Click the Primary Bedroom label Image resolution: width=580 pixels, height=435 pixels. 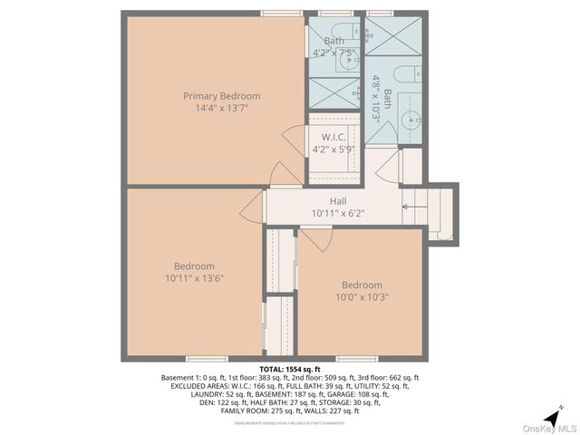[x=221, y=96]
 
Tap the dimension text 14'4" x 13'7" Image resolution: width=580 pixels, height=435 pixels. [x=221, y=108]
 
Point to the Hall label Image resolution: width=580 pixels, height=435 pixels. [x=337, y=201]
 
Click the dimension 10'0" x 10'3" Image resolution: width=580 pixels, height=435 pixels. [x=362, y=296]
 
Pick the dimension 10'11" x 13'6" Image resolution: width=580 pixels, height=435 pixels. [x=194, y=278]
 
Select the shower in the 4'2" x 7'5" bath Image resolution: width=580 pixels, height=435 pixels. [x=334, y=92]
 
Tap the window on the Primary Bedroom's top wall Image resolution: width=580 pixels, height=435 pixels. [x=281, y=14]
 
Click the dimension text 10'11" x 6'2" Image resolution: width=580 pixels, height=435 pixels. [x=337, y=214]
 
